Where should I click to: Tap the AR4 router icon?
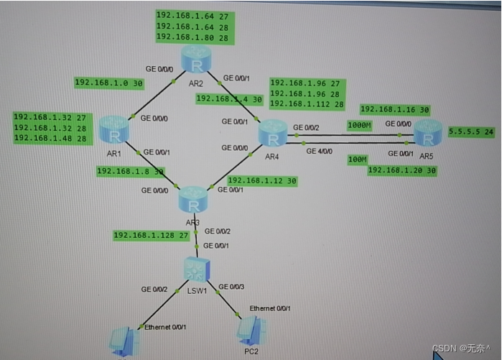click(273, 134)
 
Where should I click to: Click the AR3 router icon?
click(192, 199)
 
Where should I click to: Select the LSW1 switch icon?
click(195, 269)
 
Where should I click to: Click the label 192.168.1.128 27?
click(150, 235)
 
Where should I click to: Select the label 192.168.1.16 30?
click(394, 110)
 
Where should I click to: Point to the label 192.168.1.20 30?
click(402, 170)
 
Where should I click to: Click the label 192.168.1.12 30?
click(261, 180)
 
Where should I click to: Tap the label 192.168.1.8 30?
click(130, 171)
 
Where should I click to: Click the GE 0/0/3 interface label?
click(233, 287)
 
